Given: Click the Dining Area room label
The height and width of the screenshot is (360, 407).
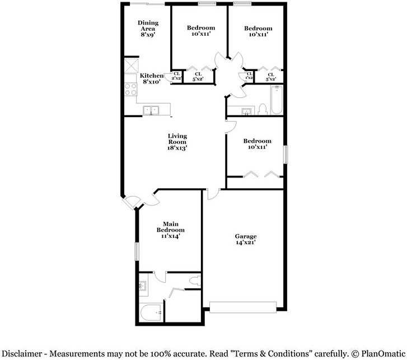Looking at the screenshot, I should [x=148, y=29].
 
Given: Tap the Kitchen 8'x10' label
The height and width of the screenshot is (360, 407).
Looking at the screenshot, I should [x=151, y=78].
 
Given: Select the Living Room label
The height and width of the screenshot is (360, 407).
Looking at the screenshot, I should [x=177, y=142].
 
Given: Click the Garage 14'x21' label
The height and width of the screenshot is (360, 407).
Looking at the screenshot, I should [x=246, y=239].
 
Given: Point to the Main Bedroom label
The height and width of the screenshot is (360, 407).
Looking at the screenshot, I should [x=170, y=230].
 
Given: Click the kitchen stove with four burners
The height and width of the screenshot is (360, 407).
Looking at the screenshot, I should [x=131, y=88].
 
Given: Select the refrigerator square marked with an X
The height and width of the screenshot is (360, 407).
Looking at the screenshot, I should [x=131, y=65].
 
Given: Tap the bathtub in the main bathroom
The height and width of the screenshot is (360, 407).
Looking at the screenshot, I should [x=151, y=312].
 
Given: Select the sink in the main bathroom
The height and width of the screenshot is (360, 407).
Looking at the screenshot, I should [x=142, y=287].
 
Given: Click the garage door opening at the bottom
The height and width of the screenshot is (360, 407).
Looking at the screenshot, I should [x=243, y=306].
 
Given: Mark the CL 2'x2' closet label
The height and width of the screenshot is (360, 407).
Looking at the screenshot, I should [x=176, y=76].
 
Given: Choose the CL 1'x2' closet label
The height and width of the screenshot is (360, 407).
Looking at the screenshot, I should [x=248, y=76].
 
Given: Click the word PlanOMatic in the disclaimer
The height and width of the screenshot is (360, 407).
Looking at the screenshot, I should [x=382, y=353].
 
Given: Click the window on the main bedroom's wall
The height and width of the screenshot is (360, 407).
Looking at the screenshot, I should [x=136, y=251].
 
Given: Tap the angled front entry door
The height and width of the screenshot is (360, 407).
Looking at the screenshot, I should [x=132, y=202].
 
